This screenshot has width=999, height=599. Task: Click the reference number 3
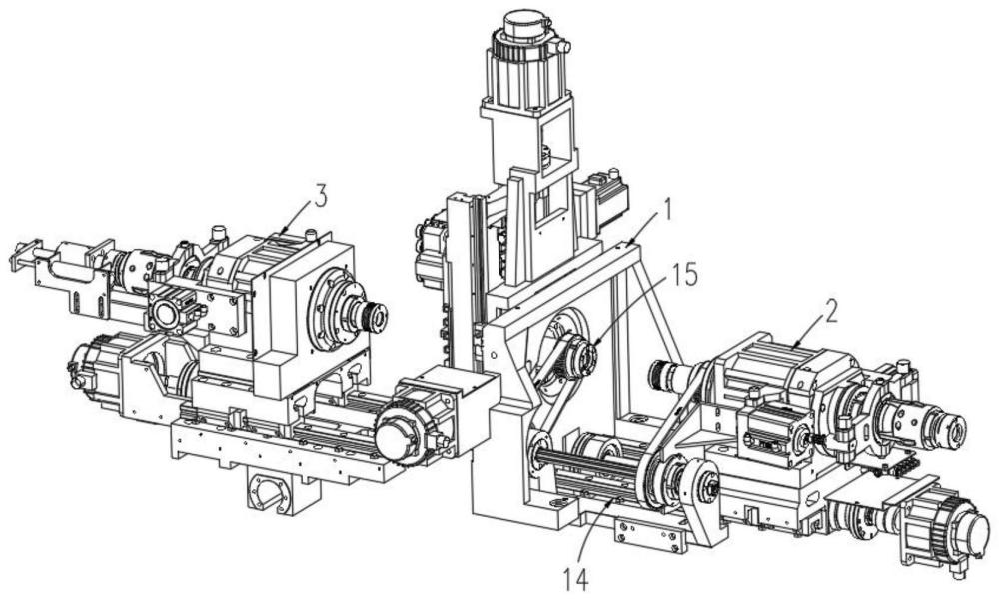coord(320,196)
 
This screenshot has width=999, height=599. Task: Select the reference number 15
coord(683,274)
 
